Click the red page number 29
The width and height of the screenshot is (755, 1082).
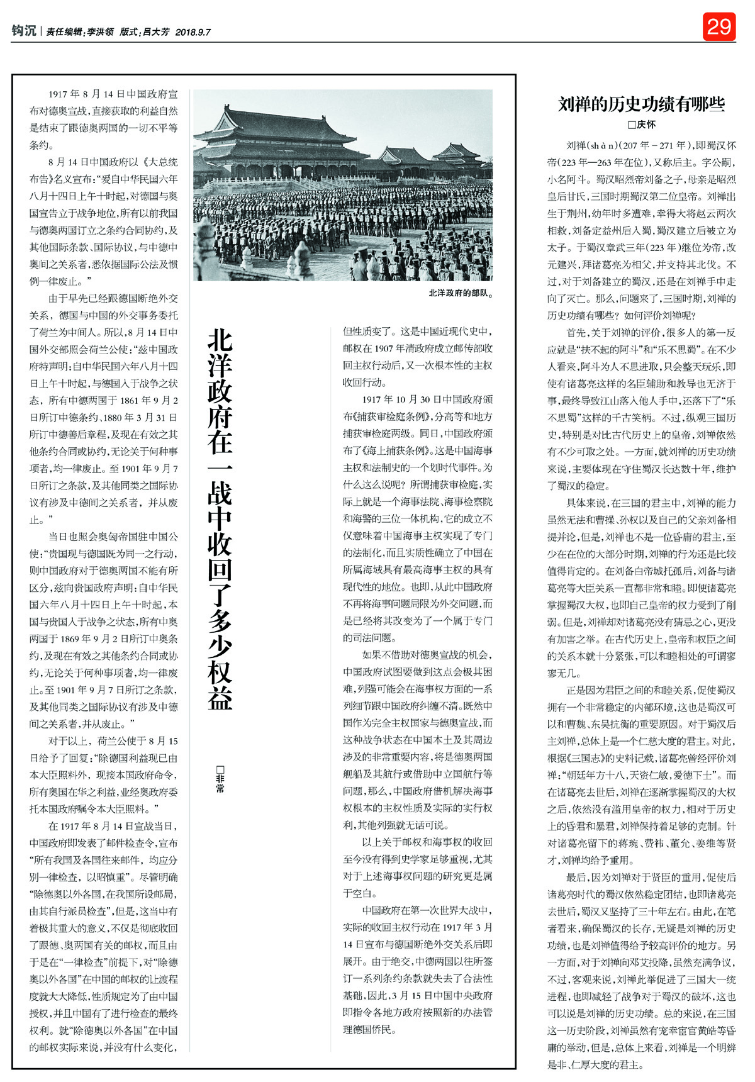(x=719, y=26)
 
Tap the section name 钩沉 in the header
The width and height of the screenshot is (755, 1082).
(x=24, y=31)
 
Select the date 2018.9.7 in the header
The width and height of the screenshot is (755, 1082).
(x=193, y=31)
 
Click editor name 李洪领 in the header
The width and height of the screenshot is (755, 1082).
(x=99, y=31)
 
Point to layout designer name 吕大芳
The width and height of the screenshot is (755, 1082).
(x=156, y=31)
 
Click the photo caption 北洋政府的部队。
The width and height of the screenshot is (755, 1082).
(x=460, y=293)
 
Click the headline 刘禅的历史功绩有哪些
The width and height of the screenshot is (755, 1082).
(x=641, y=104)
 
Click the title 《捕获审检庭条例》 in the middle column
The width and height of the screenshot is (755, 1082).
(x=391, y=416)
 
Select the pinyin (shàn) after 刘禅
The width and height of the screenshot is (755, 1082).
(x=604, y=145)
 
